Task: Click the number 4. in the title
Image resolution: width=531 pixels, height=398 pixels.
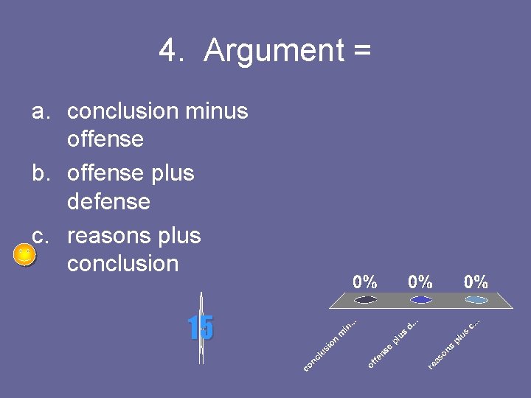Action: coord(171,51)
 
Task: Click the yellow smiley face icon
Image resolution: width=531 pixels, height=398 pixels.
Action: coord(24,256)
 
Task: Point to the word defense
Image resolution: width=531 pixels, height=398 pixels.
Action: coord(108,201)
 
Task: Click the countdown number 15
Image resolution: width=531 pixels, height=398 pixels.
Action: coord(200,328)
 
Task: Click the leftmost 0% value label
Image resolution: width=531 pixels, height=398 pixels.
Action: coord(365,282)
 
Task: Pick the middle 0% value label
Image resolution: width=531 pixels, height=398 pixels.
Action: coord(420,282)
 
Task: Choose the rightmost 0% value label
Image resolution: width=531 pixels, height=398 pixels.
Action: coord(476,282)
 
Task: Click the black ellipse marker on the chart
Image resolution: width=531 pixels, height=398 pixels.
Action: coord(366,299)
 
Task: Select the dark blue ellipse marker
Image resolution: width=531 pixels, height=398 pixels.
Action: coord(420,299)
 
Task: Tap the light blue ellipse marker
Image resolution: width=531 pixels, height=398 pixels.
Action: coord(476,299)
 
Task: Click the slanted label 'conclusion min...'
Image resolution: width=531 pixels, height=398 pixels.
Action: coord(330,343)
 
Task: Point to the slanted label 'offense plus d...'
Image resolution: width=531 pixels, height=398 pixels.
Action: coord(393,342)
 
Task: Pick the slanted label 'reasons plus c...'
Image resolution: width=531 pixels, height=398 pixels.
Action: coord(454,343)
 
